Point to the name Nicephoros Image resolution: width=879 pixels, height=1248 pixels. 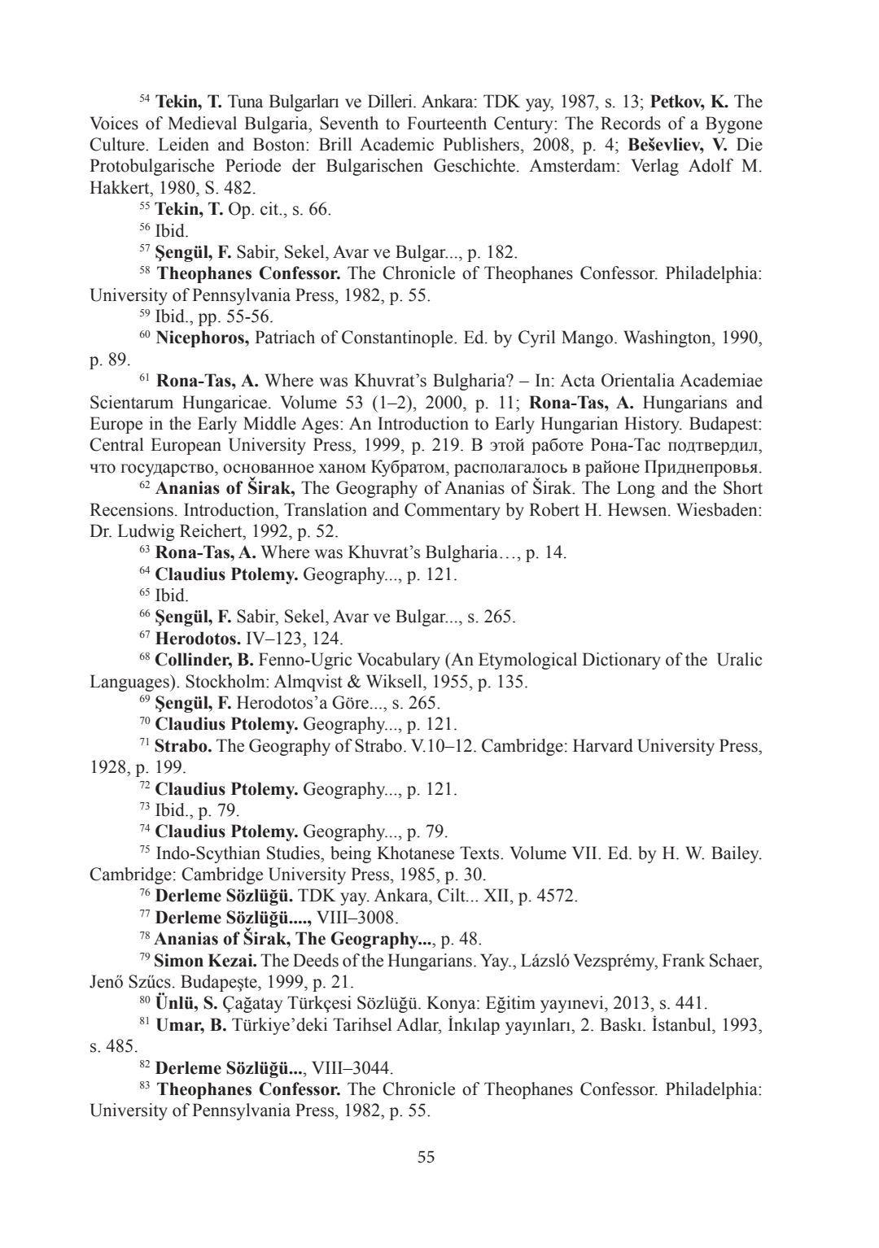point(202,338)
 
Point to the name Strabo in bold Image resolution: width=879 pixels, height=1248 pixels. point(183,746)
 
